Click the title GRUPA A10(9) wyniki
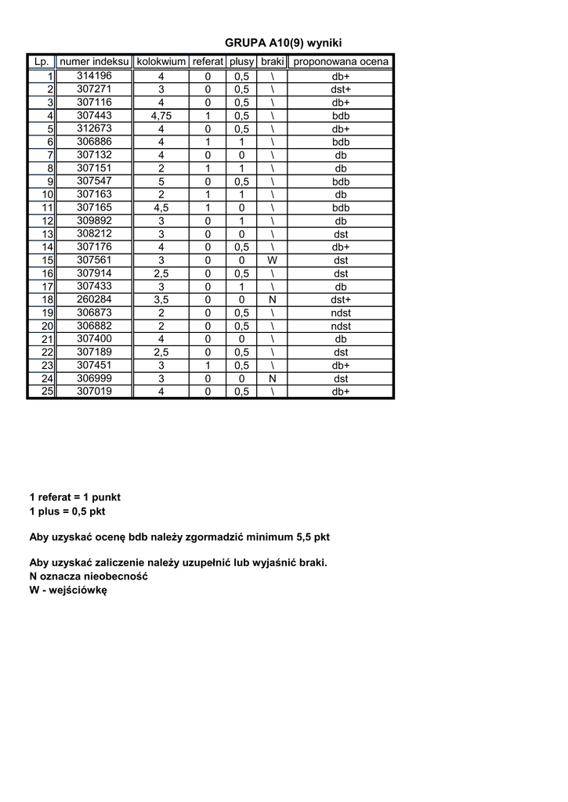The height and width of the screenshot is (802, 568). point(284,43)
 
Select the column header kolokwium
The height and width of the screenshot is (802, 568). point(161,62)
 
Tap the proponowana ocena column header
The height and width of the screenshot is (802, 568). point(340,62)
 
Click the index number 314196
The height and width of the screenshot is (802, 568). point(94,76)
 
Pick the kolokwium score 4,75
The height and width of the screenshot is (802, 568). point(161,116)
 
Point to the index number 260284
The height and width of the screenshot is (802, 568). point(94,299)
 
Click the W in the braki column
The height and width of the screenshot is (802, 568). point(272,260)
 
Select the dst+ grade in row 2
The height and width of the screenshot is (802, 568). point(340,89)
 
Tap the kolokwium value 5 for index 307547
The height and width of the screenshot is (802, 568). point(161,182)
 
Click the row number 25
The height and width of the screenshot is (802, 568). point(47,392)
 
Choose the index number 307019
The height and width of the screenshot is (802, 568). point(94,391)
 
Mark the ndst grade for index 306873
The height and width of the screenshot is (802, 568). point(340,312)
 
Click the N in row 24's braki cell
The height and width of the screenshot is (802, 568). point(272,378)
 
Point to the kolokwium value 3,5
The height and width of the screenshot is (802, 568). point(161,299)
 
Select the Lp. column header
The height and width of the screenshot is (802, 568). point(42,62)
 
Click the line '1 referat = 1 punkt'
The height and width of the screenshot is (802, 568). point(74,497)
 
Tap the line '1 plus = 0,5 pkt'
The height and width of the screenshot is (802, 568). point(67,511)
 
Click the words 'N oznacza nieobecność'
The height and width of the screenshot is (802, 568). point(89,576)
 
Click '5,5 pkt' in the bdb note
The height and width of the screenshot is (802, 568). point(313,537)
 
